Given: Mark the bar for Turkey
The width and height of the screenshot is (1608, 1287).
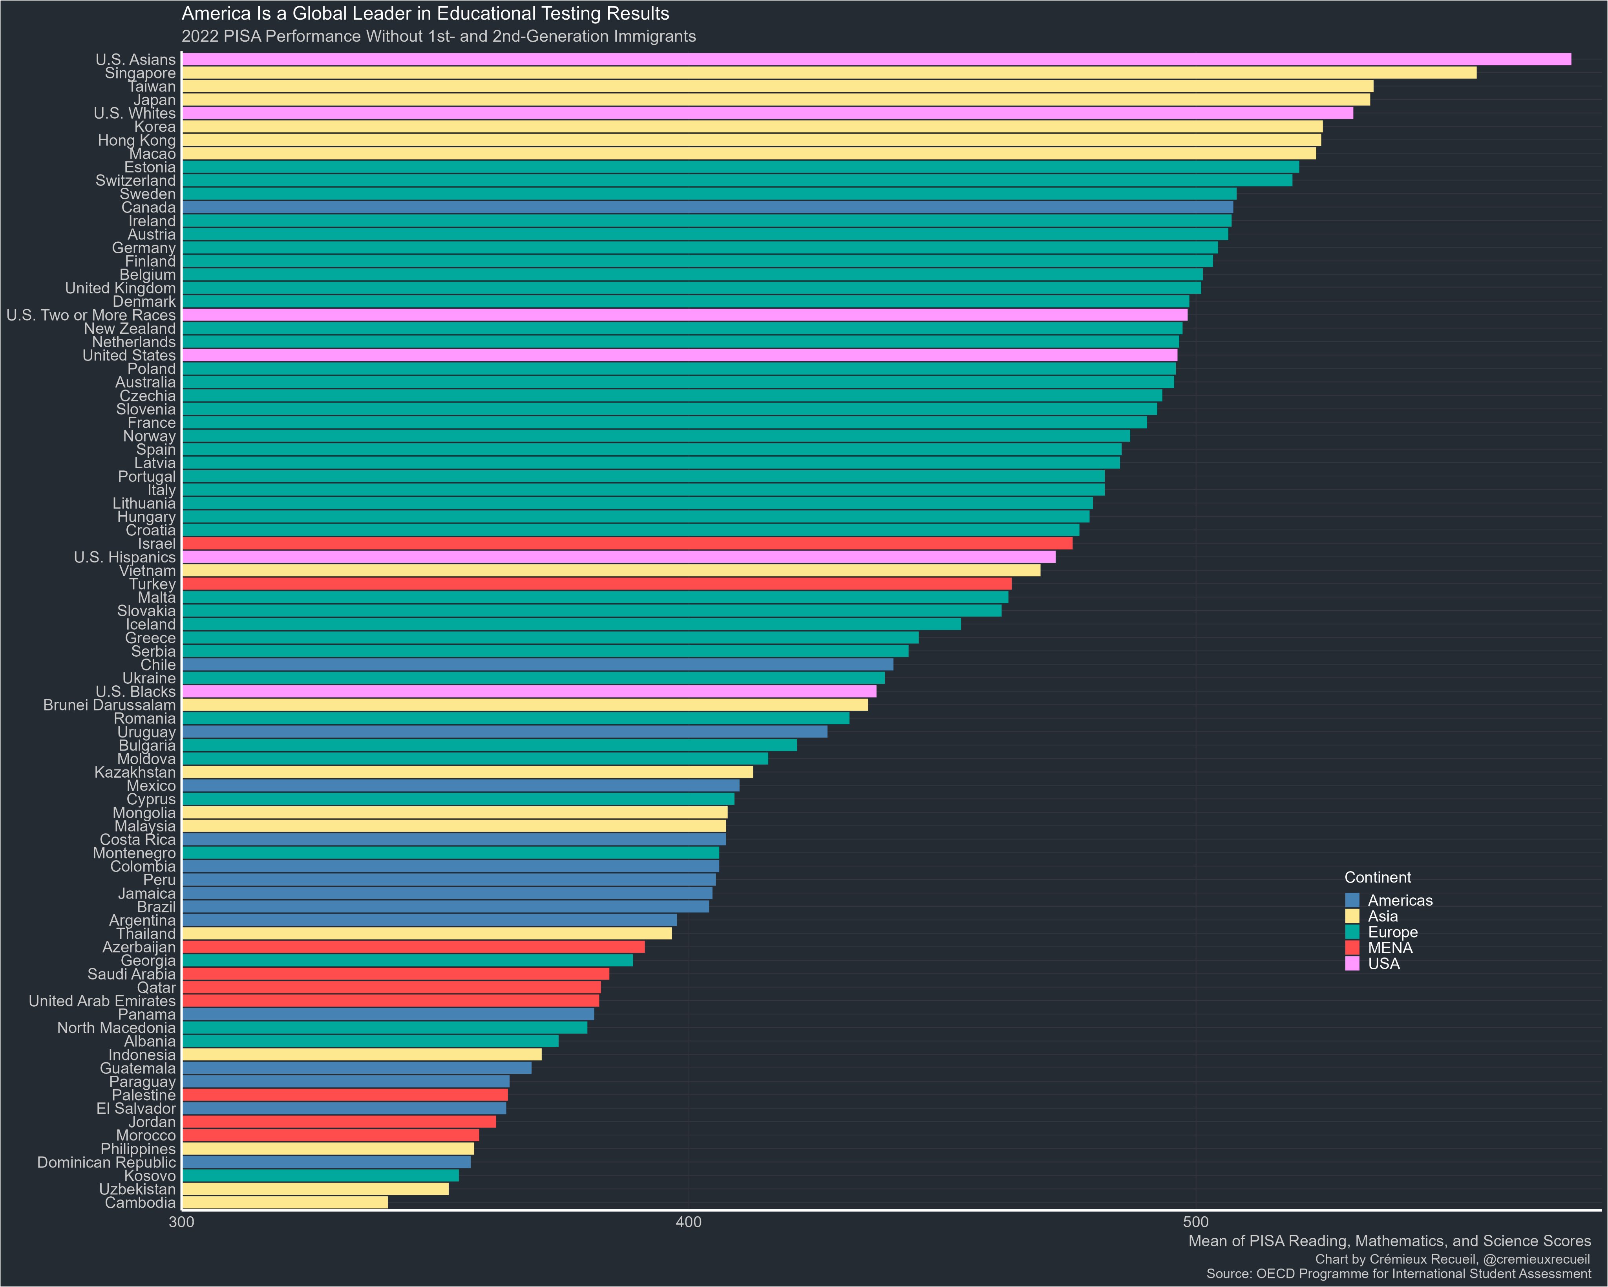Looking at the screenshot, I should pyautogui.click(x=597, y=584).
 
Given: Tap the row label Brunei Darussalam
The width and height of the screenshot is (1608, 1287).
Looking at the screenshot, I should pyautogui.click(x=110, y=705).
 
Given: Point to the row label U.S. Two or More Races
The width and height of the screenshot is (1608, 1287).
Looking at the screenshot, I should pyautogui.click(x=91, y=315).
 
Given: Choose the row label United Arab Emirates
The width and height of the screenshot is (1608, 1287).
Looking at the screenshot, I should pyautogui.click(x=102, y=1001).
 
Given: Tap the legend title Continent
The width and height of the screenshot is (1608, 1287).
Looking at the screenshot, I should pyautogui.click(x=1378, y=877).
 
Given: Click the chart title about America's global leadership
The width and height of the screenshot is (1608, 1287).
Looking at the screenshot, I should pyautogui.click(x=425, y=13).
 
